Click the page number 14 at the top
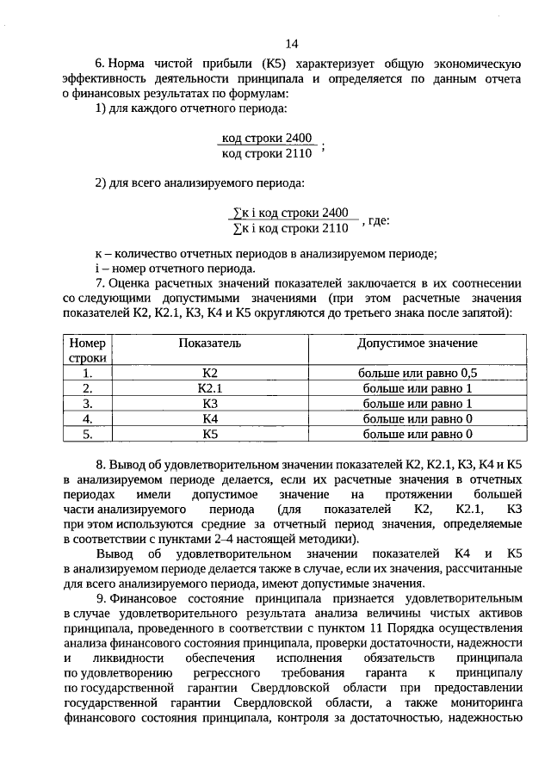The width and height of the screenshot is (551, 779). [291, 44]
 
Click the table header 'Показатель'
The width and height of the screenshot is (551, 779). [209, 343]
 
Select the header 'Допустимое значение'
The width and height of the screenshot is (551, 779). [417, 343]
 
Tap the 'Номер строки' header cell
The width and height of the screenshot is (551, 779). [88, 350]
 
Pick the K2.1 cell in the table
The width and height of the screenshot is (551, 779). [209, 388]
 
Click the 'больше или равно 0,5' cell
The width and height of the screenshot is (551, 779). [417, 373]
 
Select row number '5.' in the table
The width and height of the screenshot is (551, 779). [88, 435]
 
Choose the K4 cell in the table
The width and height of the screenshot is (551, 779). [209, 419]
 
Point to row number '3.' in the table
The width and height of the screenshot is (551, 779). [88, 404]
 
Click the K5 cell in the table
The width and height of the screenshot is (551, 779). [209, 435]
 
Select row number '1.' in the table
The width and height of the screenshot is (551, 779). [88, 373]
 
